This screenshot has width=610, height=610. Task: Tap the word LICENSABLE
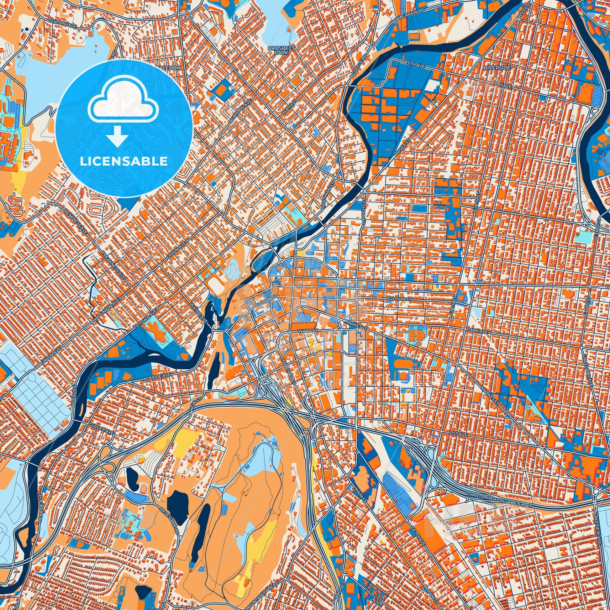click(124, 161)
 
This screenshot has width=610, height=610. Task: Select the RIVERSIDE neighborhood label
click(496, 68)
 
